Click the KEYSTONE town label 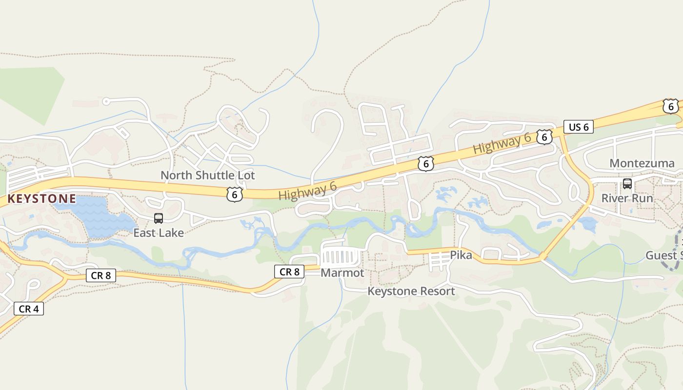[x=41, y=199]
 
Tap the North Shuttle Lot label [x=208, y=175]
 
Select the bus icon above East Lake [x=159, y=218]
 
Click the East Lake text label [x=159, y=233]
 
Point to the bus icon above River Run [x=627, y=184]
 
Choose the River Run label [x=627, y=198]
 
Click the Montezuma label [x=642, y=163]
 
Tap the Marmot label [x=342, y=273]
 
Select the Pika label [x=461, y=255]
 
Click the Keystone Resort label [x=411, y=292]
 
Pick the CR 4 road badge [x=29, y=309]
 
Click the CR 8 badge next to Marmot [x=289, y=272]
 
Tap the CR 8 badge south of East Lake [x=100, y=275]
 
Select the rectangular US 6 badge [x=579, y=127]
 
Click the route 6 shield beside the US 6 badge [x=544, y=137]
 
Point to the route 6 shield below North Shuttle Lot [x=235, y=195]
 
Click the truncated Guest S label [x=663, y=255]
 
